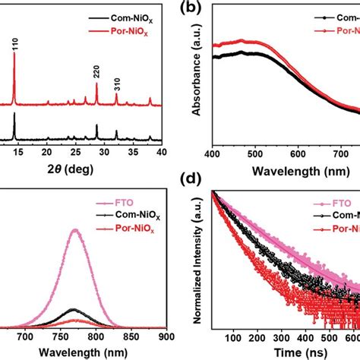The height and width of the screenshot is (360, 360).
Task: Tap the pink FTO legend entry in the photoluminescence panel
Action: (x=115, y=204)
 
